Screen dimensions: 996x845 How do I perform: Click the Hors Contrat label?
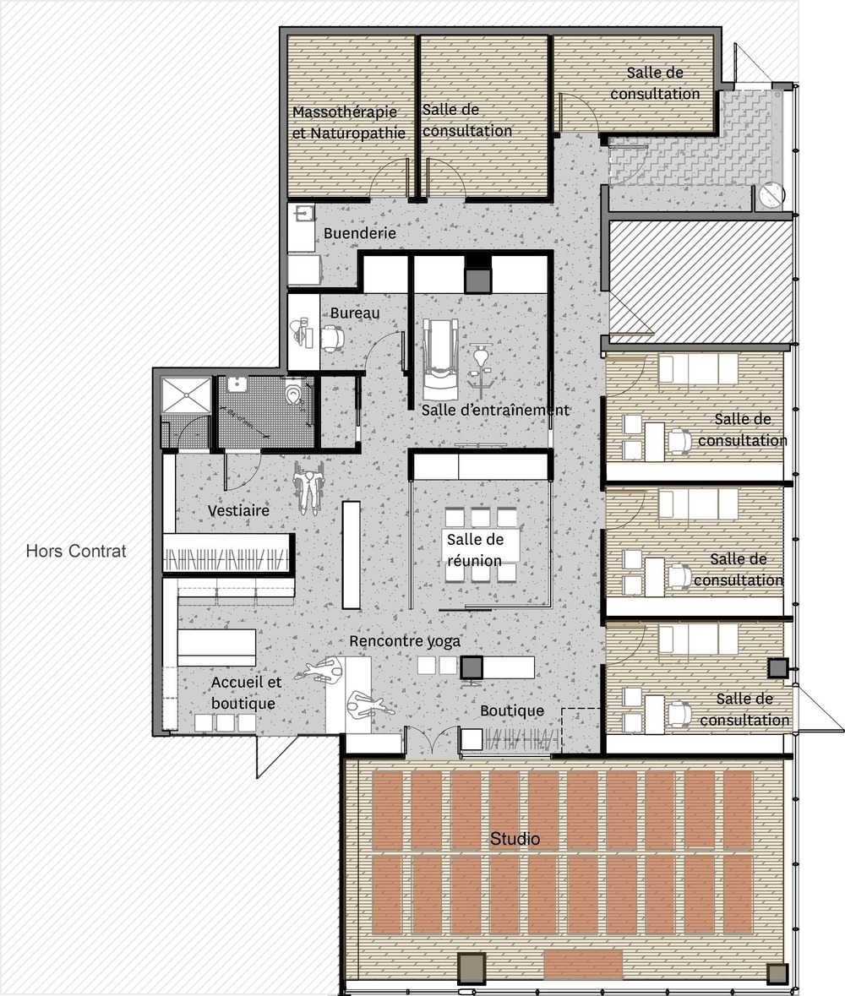pos(76,552)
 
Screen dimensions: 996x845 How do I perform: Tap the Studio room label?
pos(515,839)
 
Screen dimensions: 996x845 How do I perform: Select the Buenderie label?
pos(359,233)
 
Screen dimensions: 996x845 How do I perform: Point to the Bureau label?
pos(355,313)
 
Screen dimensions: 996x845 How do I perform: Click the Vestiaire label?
pos(238,511)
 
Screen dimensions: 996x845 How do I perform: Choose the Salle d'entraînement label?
pos(495,410)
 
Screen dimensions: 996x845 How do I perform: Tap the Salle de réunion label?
pos(474,550)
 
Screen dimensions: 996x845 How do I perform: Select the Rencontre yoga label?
pos(405,641)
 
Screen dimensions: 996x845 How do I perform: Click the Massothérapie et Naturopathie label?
pos(349,122)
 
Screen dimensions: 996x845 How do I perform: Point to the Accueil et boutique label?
pos(243,692)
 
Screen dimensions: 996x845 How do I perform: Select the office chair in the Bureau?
pos(331,338)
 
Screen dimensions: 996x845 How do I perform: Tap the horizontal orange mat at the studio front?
pos(583,964)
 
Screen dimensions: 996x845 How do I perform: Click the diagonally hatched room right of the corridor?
pos(700,276)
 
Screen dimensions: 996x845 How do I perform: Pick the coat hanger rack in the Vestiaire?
pos(226,559)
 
